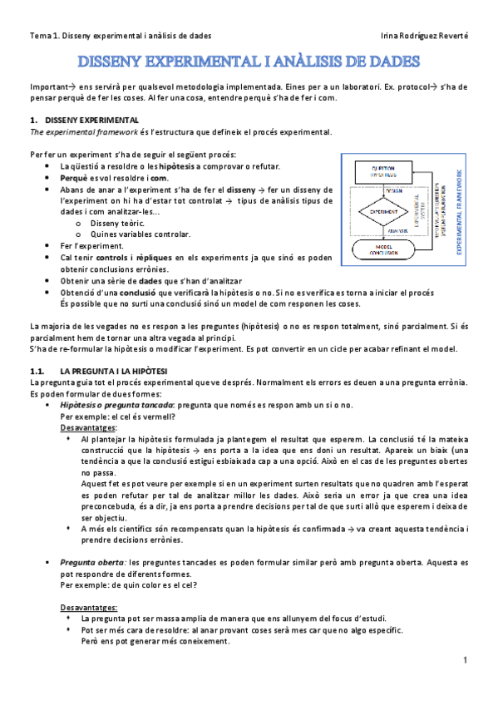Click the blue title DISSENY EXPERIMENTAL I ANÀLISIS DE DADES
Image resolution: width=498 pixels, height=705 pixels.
(249, 62)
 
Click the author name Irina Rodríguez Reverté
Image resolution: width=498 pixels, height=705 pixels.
(423, 36)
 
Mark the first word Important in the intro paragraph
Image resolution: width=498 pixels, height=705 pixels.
(47, 86)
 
